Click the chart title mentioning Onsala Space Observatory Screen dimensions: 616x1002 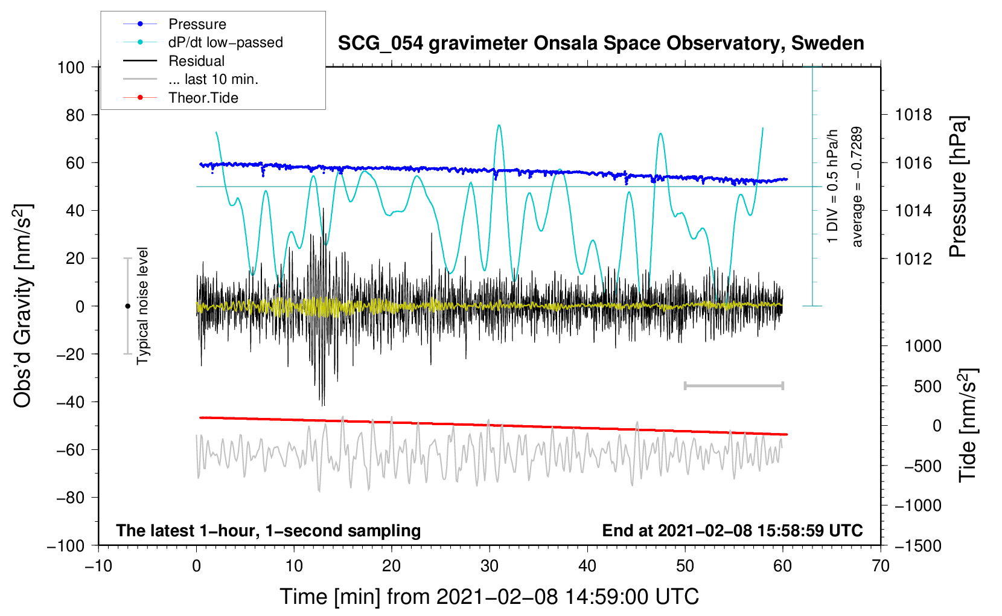tap(601, 43)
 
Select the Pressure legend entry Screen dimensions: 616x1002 tap(197, 24)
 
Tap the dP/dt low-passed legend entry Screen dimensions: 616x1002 tap(225, 42)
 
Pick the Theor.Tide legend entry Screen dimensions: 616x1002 tap(203, 98)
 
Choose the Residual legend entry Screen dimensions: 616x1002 tap(196, 61)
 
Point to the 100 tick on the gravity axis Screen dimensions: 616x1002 tap(71, 67)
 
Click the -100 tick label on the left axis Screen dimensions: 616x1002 tap(66, 545)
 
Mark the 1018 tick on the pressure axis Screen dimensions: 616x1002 tap(913, 115)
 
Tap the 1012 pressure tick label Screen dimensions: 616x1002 tap(913, 258)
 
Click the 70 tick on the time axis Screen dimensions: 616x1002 tap(881, 566)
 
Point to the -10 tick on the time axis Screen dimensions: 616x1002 tap(98, 566)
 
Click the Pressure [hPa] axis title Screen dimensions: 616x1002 tap(958, 187)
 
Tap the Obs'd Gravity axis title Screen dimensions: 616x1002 tap(23, 306)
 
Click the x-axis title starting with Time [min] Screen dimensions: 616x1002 tap(489, 597)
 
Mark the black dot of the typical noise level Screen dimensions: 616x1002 tap(127, 306)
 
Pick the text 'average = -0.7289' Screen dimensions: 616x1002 tap(857, 187)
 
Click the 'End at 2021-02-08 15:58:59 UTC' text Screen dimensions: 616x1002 tap(732, 530)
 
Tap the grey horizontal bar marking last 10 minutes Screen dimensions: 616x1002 tap(733, 386)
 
